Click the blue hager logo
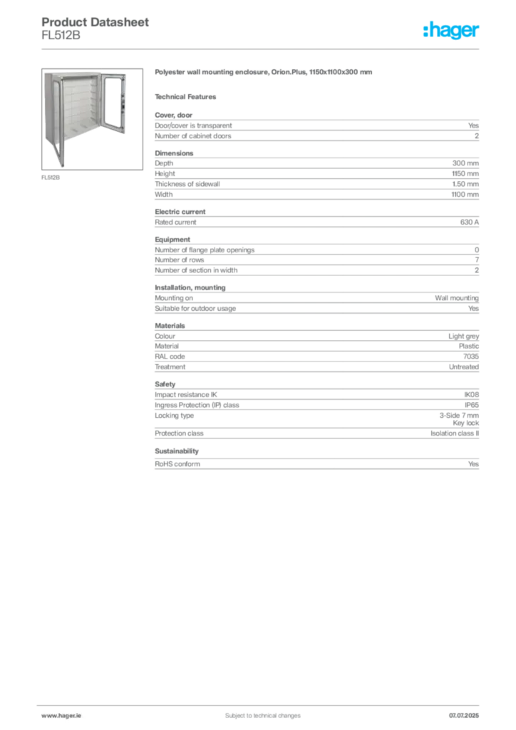click(452, 31)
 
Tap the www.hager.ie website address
click(60, 715)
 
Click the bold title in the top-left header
click(96, 22)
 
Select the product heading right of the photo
click(264, 74)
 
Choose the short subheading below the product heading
click(188, 96)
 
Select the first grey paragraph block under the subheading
click(316, 128)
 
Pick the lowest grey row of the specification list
click(316, 465)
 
